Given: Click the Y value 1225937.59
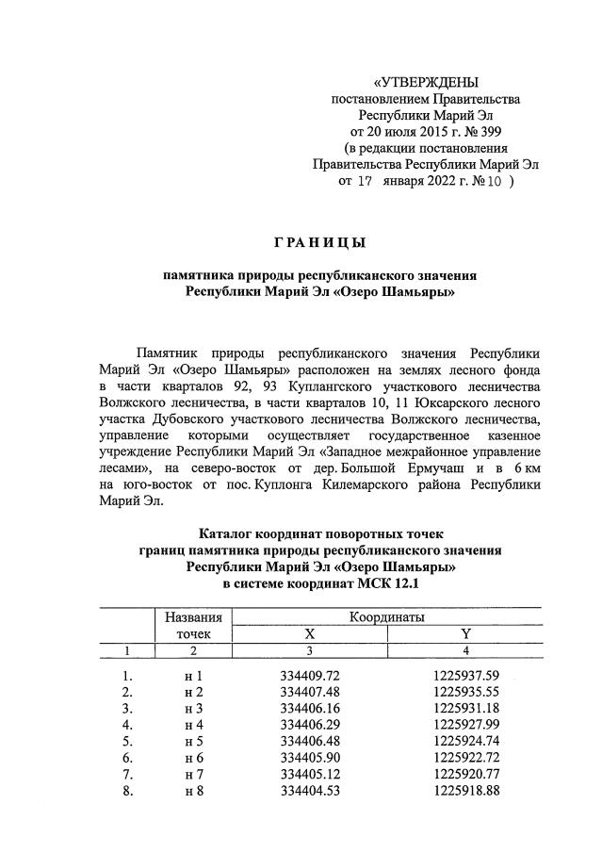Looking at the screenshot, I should tap(466, 676).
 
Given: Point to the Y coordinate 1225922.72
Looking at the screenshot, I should tap(466, 757).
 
